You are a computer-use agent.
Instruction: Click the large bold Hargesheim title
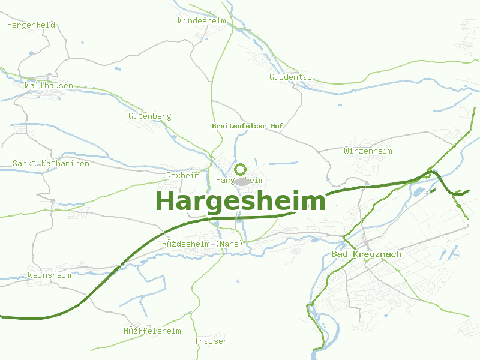[x=240, y=201]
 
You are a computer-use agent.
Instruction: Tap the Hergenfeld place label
[x=31, y=25]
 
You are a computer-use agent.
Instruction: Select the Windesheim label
[x=202, y=20]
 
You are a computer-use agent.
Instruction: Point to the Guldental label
[x=290, y=77]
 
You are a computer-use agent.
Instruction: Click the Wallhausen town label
[x=49, y=85]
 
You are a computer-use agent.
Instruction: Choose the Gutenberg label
[x=150, y=116]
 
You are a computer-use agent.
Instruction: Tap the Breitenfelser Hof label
[x=247, y=126]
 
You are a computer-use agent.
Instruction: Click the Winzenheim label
[x=368, y=151]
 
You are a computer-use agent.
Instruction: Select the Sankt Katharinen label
[x=51, y=163]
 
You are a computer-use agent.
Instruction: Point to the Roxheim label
[x=182, y=175]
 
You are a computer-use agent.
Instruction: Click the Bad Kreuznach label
[x=367, y=254]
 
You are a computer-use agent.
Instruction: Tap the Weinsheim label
[x=49, y=275]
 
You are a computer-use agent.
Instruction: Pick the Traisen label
[x=211, y=341]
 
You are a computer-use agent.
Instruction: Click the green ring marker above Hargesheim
[x=240, y=169]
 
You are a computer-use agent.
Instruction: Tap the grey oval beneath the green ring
[x=241, y=181]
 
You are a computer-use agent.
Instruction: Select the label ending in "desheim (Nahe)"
[x=202, y=244]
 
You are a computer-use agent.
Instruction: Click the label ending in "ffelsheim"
[x=152, y=331]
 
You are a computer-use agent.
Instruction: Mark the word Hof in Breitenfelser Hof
[x=276, y=126]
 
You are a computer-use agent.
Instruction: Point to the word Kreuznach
[x=378, y=254]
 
